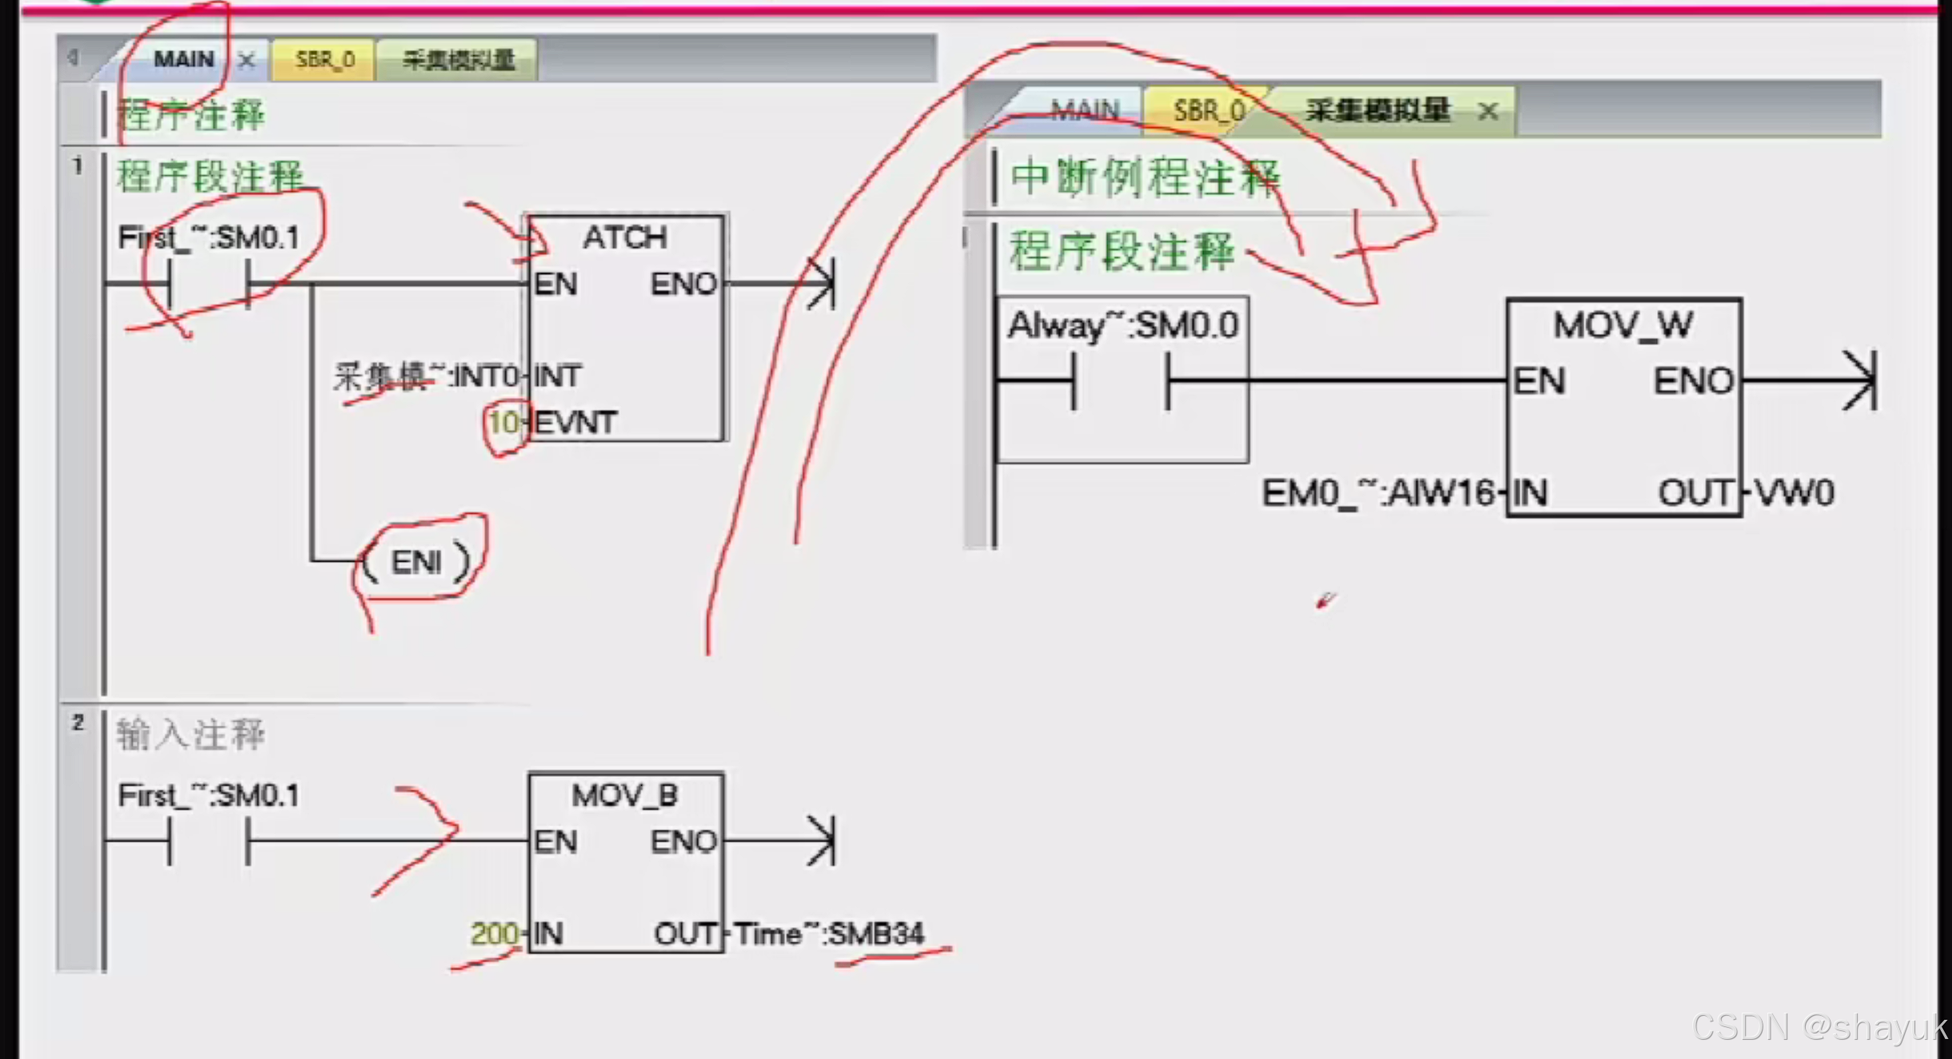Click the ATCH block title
624,237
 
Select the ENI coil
416,563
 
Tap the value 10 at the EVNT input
504,422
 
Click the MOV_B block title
624,795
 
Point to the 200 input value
493,934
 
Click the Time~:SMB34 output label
829,934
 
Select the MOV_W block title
1623,325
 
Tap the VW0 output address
1795,493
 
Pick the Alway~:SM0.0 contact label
1123,325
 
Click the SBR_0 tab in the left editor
325,60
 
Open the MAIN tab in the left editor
183,60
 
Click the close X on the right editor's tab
1488,112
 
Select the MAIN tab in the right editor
1084,110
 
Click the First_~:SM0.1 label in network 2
208,795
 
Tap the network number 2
78,723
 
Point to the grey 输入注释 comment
190,735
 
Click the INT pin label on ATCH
557,376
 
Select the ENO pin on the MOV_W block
1693,381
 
